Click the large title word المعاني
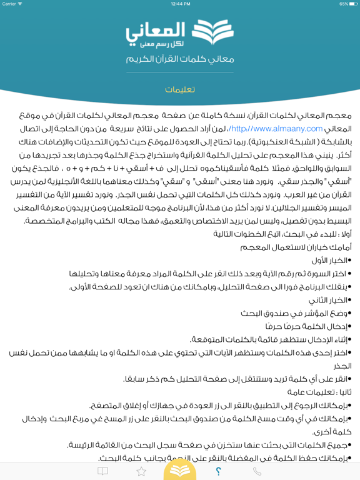[155, 30]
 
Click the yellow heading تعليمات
[180, 89]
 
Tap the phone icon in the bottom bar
[257, 471]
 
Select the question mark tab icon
[218, 471]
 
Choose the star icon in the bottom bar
[141, 471]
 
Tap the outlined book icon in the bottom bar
[102, 471]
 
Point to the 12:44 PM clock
[180, 4]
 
